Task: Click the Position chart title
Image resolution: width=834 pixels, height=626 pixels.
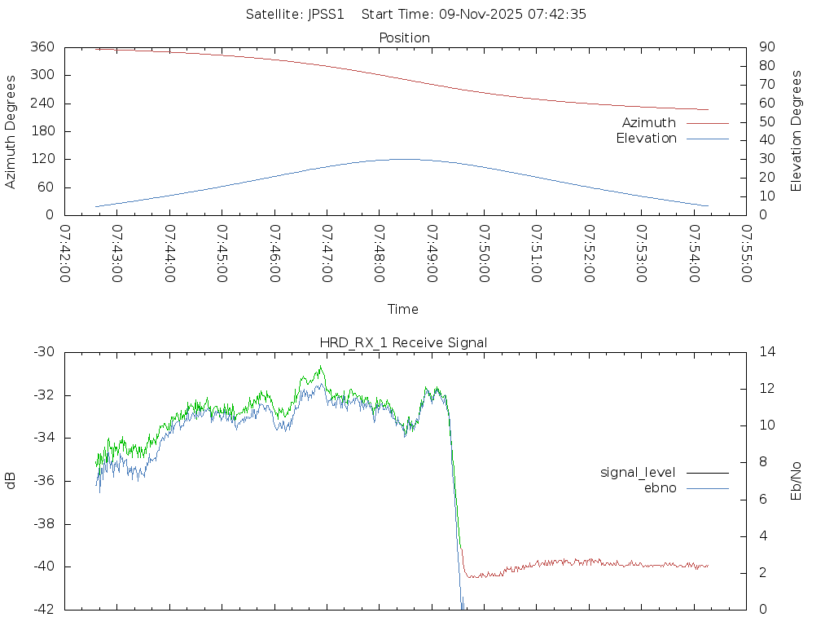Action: (x=404, y=37)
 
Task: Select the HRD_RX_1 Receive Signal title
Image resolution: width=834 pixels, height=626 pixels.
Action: (x=403, y=342)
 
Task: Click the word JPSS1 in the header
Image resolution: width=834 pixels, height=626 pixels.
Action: (x=327, y=14)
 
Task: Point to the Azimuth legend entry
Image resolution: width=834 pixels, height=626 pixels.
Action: (x=649, y=122)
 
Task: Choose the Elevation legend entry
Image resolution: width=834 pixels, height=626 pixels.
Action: (x=646, y=139)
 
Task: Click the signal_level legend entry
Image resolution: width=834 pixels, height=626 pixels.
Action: (x=638, y=472)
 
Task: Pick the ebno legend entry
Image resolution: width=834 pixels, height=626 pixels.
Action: (x=660, y=488)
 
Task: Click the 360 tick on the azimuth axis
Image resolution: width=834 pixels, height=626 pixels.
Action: (x=42, y=47)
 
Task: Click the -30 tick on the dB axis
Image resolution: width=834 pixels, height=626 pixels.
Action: (x=43, y=352)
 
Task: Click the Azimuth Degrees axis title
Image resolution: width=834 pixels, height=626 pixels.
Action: (x=11, y=131)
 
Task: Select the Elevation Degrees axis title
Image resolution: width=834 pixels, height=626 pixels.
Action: (x=797, y=131)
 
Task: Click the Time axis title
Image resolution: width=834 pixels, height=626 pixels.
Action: (x=403, y=309)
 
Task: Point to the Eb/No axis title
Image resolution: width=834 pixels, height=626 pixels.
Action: (x=797, y=480)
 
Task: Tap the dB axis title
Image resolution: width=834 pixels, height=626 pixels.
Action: (x=11, y=480)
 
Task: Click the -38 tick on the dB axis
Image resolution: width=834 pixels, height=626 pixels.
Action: (x=43, y=523)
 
